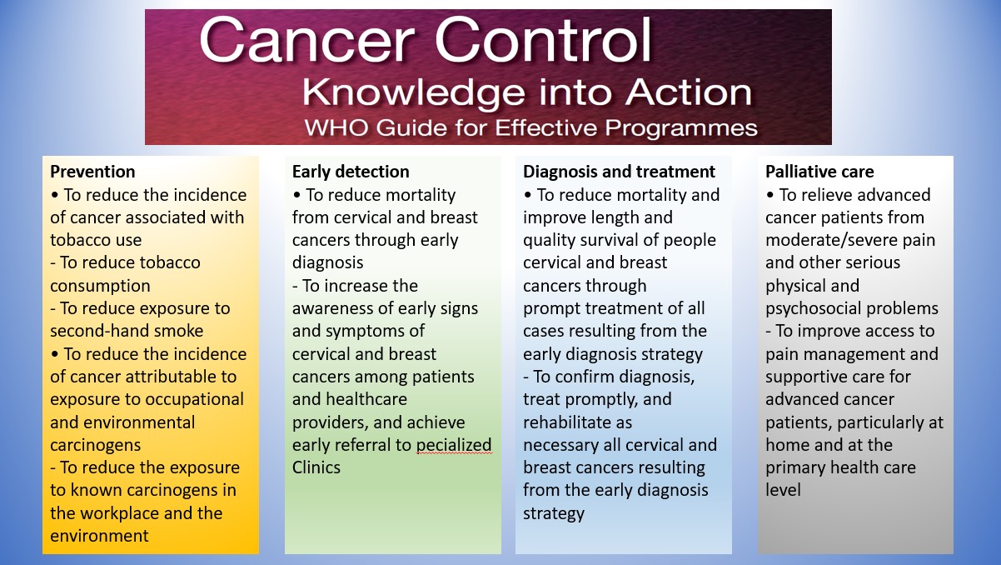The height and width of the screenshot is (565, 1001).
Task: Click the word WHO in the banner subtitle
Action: tap(336, 128)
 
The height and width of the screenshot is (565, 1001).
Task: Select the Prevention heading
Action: tap(92, 172)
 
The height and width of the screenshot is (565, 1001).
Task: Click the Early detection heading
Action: tap(351, 172)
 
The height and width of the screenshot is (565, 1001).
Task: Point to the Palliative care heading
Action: tap(819, 172)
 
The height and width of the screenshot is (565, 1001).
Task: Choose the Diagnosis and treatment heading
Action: tap(619, 172)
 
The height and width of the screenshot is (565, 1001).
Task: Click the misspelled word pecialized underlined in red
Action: tap(454, 446)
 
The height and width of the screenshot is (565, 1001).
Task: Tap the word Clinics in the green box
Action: tap(316, 467)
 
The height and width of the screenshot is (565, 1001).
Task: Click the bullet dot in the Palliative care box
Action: tap(769, 195)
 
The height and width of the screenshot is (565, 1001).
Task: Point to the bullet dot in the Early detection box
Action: tap(296, 195)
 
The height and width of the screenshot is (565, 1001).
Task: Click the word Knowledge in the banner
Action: tap(413, 93)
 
